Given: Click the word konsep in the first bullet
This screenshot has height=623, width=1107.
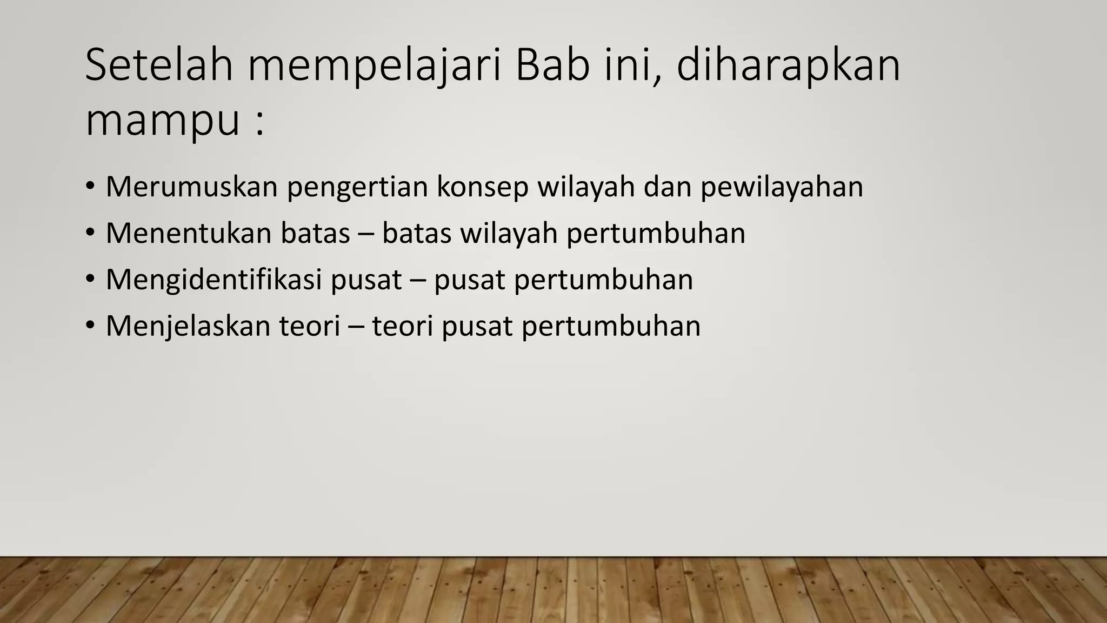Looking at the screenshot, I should [x=482, y=188].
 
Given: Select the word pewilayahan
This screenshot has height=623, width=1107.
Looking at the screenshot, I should [x=782, y=188].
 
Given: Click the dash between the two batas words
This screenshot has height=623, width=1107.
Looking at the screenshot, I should [x=366, y=234].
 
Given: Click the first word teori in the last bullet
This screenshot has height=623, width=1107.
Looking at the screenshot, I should [x=309, y=326].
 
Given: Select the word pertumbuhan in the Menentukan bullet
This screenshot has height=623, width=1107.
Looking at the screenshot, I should [x=656, y=234].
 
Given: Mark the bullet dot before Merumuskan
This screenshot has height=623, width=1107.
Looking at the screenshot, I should [x=90, y=187].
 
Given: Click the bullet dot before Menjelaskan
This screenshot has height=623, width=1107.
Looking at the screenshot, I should [x=90, y=326].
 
